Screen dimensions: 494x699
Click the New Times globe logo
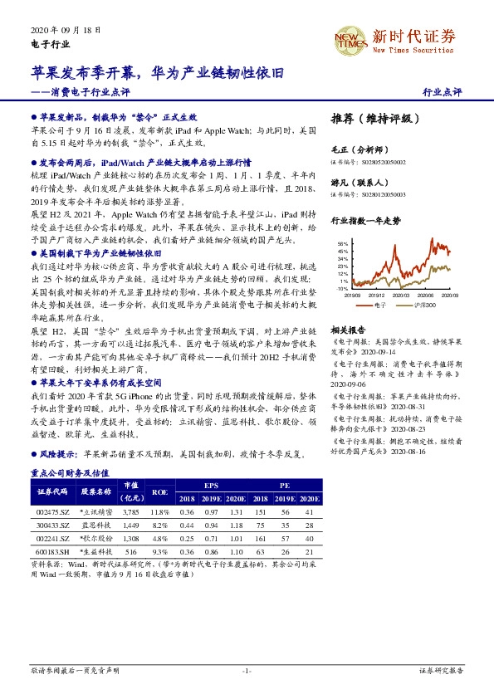click(349, 38)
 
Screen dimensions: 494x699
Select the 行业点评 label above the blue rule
click(443, 91)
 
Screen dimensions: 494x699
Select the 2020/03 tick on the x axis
click(401, 294)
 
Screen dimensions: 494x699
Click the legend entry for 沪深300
click(423, 305)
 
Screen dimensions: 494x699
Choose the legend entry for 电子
click(381, 305)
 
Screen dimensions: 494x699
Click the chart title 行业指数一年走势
click(365, 222)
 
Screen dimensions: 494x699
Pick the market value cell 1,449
click(130, 525)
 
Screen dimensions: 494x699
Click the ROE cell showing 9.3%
click(160, 550)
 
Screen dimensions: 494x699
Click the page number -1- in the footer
click(247, 670)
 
